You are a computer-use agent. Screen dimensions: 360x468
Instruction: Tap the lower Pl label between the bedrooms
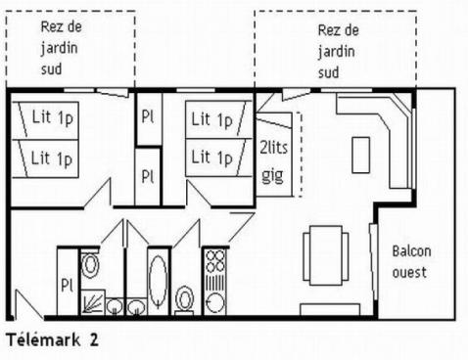(148, 177)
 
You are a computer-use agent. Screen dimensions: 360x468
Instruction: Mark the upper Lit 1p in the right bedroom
(211, 120)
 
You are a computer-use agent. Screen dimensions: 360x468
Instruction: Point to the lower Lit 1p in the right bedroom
(211, 157)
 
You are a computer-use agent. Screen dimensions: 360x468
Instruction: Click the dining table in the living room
(325, 252)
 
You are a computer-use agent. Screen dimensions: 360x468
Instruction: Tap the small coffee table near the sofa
(361, 154)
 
